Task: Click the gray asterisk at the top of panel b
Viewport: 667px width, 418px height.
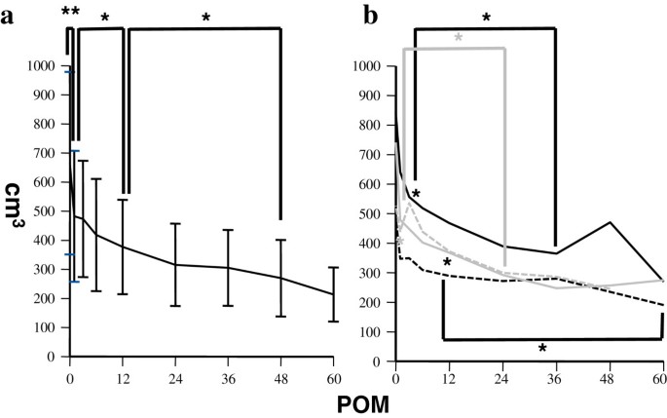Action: click(x=459, y=38)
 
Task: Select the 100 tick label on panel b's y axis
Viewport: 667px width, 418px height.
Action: click(x=374, y=329)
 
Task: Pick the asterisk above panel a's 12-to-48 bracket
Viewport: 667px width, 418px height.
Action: click(x=204, y=18)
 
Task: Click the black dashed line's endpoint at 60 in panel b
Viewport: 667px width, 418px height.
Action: click(x=662, y=305)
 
